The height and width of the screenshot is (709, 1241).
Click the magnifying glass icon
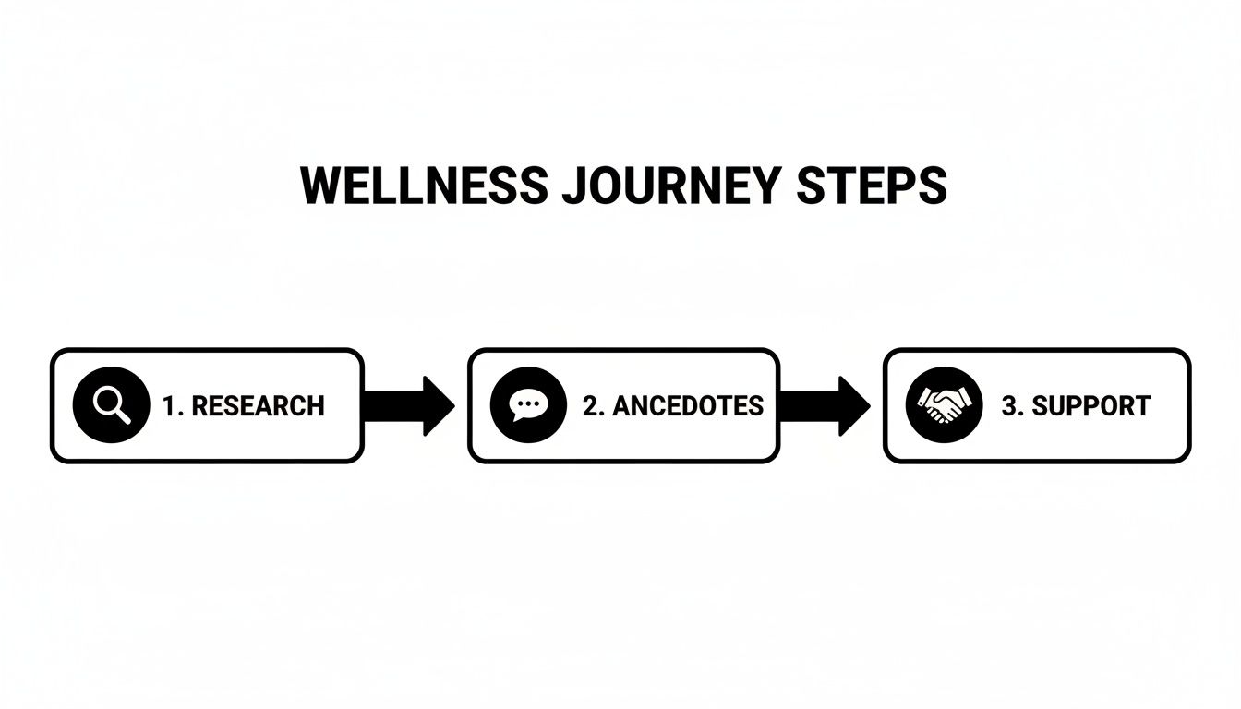pos(111,405)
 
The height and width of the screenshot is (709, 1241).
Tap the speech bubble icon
pos(528,405)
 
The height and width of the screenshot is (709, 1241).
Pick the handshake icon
pos(945,405)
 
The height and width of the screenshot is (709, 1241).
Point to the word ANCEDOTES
pos(688,406)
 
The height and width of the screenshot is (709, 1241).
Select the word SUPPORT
pos(1090,406)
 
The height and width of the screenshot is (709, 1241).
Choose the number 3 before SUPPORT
pos(1008,406)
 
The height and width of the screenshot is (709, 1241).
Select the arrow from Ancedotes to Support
pos(825,405)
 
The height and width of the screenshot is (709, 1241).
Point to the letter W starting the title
pos(319,186)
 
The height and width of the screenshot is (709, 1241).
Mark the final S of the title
pos(933,186)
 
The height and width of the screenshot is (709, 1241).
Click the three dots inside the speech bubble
pos(528,403)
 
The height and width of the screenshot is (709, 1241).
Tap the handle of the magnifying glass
pos(123,417)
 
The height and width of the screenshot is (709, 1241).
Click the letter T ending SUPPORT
pos(1142,406)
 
